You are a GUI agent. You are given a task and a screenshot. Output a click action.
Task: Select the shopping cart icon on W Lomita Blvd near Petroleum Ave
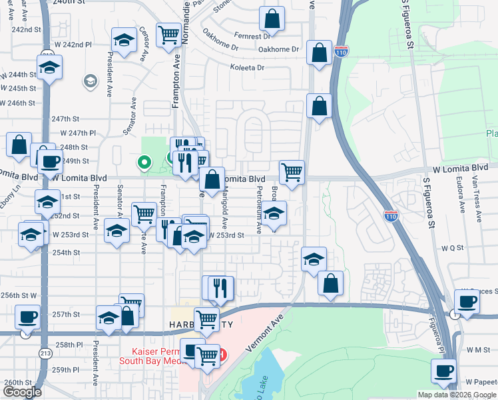click(x=292, y=172)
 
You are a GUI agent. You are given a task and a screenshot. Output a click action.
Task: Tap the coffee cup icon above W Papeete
click(x=443, y=371)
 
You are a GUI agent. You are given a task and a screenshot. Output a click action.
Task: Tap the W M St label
click(x=477, y=349)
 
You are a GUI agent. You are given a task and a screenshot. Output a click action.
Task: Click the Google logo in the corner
click(x=22, y=392)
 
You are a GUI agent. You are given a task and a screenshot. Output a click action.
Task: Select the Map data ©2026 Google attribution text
click(x=457, y=395)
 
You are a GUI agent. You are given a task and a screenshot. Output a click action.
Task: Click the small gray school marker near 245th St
click(x=89, y=81)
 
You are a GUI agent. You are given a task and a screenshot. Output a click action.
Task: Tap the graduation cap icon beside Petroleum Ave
click(x=274, y=214)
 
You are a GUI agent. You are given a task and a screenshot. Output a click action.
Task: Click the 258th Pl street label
click(x=67, y=345)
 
